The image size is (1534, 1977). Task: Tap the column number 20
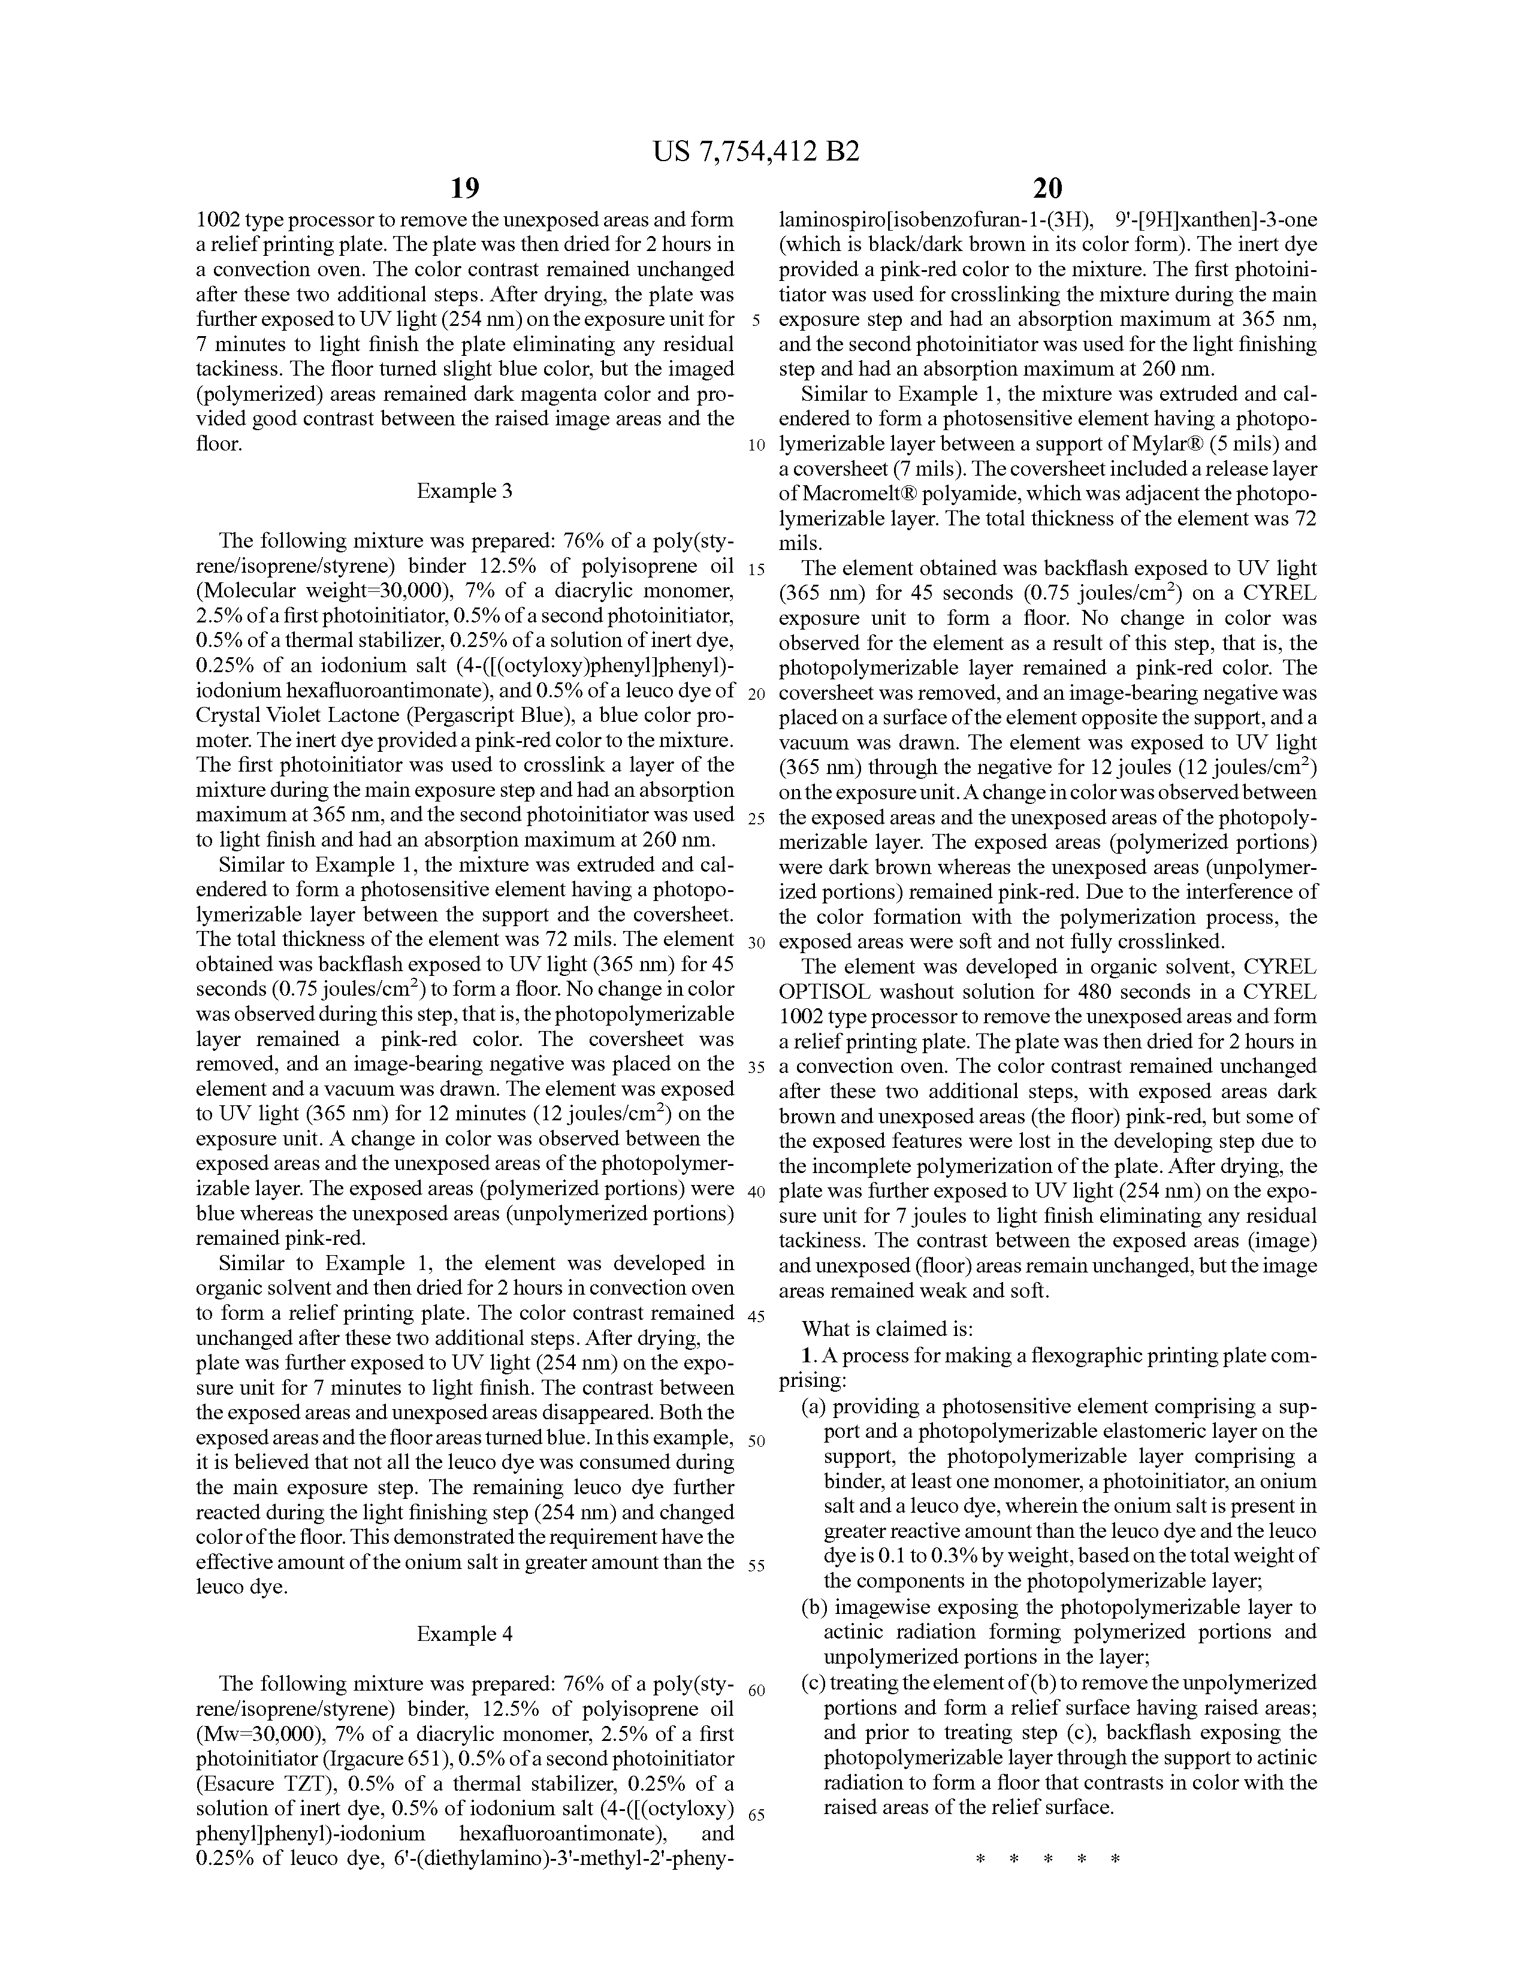click(x=1047, y=188)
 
